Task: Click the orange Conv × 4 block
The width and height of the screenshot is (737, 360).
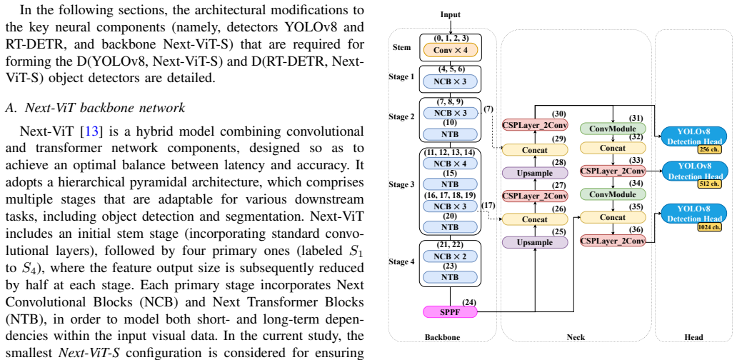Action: tap(451, 50)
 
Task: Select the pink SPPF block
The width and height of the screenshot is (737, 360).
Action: tap(451, 311)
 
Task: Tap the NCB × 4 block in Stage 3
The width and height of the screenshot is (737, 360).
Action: tap(451, 164)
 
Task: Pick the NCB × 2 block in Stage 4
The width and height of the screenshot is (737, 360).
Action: tap(451, 256)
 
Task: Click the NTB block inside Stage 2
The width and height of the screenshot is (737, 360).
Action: tap(451, 135)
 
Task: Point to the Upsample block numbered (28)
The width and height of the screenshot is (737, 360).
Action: tap(535, 173)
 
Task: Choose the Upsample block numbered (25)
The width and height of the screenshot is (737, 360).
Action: tap(535, 243)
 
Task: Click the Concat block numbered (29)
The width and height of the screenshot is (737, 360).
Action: tap(535, 150)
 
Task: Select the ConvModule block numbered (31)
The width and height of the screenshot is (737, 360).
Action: tap(613, 128)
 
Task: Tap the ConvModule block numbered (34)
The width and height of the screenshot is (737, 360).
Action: tap(613, 194)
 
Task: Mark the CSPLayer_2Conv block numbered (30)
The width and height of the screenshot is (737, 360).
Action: tap(535, 125)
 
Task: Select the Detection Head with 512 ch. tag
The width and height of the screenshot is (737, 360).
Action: tap(694, 171)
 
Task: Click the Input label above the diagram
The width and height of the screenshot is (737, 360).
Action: tap(451, 14)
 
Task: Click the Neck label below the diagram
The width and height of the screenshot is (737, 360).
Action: tap(576, 337)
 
